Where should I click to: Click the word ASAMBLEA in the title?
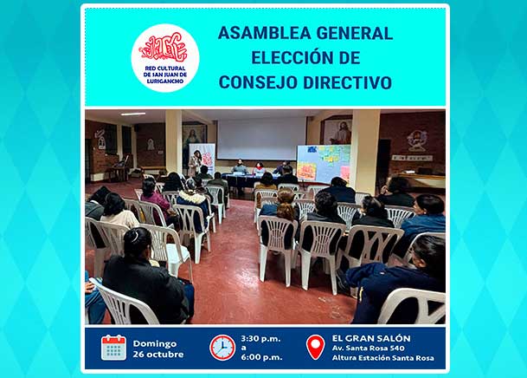coord(264,33)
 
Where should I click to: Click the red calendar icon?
coord(113,348)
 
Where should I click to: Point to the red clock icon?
coord(222,348)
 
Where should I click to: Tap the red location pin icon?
coord(316,347)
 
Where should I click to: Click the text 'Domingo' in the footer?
coord(155,343)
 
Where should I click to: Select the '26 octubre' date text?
coord(158,355)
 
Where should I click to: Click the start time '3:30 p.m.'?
coord(260,339)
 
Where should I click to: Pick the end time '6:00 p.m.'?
coord(261,357)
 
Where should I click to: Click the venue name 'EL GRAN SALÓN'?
coord(371,338)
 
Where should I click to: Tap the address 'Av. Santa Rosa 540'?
coord(369,348)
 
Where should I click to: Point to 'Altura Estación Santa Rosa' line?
coord(382,358)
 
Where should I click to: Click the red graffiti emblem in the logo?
coord(164,49)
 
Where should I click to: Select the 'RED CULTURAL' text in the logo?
coord(165,68)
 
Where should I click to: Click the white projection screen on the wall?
coord(261,139)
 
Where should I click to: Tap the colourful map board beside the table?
coord(324,164)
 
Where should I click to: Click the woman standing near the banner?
coord(196,163)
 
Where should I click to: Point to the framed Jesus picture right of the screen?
coord(337,132)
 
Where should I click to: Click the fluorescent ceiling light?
coord(133,114)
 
